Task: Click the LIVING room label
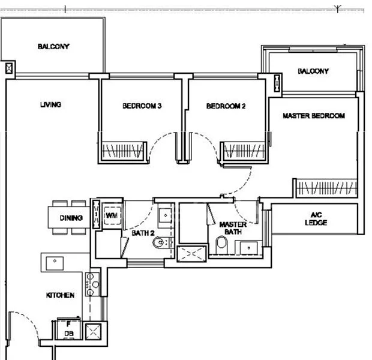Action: (x=51, y=105)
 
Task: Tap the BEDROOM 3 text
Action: (x=142, y=106)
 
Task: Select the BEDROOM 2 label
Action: (x=226, y=106)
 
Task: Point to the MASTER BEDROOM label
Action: (x=313, y=116)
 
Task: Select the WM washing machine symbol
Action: (x=111, y=215)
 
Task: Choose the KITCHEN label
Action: (x=61, y=295)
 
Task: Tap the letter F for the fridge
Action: (x=68, y=324)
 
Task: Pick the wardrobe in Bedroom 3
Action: (x=123, y=150)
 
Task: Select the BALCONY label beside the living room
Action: (x=53, y=46)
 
